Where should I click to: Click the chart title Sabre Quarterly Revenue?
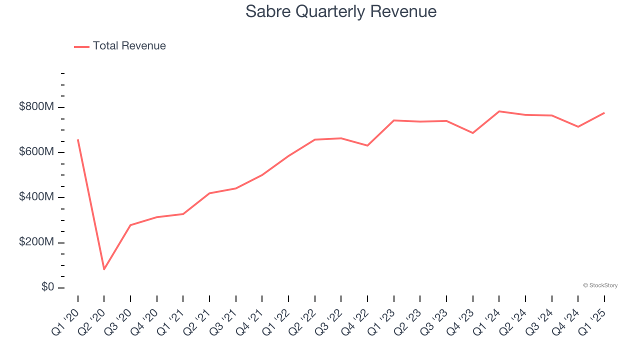tap(341, 12)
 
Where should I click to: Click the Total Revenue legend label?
tap(129, 46)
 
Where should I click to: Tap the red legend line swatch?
tap(81, 46)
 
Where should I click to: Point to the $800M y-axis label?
tap(37, 107)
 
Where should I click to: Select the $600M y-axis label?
tap(37, 152)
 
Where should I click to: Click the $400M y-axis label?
tap(37, 197)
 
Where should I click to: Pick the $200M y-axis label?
tap(37, 242)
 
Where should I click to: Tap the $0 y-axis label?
tap(48, 287)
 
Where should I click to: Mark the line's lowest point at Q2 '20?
tap(104, 269)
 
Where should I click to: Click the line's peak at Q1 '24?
tap(499, 111)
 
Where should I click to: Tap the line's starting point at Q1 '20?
tap(78, 140)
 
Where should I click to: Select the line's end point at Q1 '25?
tap(604, 113)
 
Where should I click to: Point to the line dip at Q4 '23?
tap(472, 133)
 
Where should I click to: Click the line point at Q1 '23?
tap(394, 120)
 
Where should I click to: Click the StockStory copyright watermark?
tap(600, 285)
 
